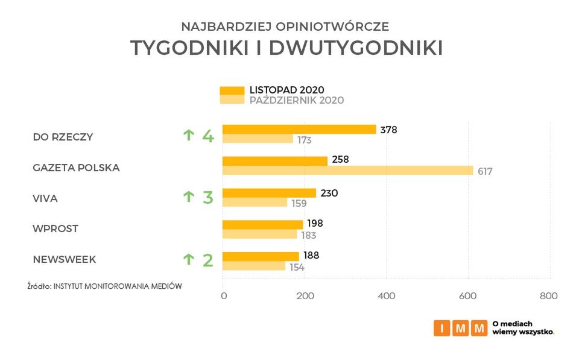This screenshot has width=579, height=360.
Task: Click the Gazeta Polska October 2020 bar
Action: tap(347, 171)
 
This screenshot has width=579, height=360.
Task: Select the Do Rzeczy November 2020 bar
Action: tap(299, 129)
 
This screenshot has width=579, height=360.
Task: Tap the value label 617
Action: tap(485, 171)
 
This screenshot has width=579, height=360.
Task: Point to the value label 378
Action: tap(388, 130)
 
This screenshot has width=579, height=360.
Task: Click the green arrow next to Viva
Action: tap(189, 197)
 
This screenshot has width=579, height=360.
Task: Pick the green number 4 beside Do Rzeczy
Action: tap(208, 136)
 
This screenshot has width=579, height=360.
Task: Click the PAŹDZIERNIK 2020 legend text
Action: tap(297, 101)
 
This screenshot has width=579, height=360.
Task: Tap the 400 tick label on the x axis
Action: tap(386, 296)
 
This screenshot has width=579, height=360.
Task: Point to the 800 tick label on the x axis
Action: tap(548, 296)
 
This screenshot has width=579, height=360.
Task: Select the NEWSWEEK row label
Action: tap(65, 260)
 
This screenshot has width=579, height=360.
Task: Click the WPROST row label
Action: tap(55, 229)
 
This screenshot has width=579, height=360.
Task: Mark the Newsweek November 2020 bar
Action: tap(261, 256)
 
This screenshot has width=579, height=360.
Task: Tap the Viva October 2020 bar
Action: tap(255, 203)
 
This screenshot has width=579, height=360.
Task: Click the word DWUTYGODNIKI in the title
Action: tap(356, 49)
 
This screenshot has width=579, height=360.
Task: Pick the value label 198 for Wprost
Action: tap(315, 224)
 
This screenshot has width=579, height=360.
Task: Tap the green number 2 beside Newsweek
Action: tap(208, 261)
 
